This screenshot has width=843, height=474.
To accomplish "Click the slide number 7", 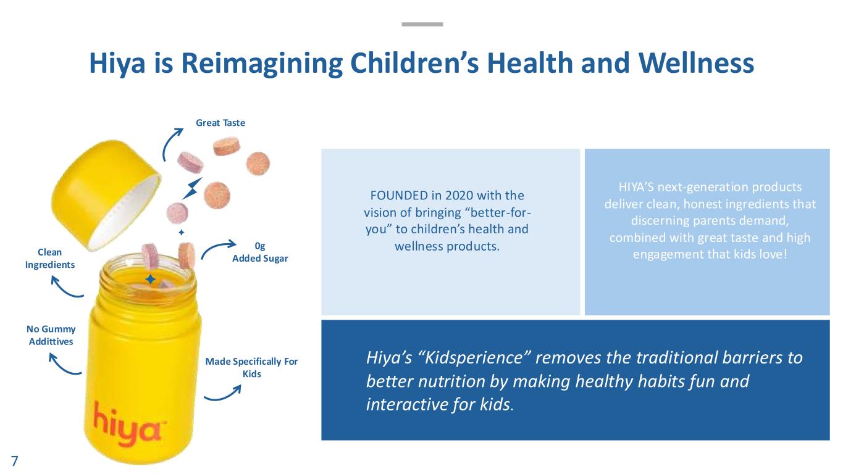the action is pyautogui.click(x=15, y=461).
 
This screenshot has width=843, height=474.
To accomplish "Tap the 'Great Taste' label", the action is pyautogui.click(x=220, y=123).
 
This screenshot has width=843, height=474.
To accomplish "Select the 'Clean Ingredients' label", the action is pyautogui.click(x=49, y=259).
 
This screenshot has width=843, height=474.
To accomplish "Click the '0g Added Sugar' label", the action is pyautogui.click(x=259, y=252).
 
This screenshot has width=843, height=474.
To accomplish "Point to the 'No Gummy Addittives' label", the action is pyautogui.click(x=51, y=335).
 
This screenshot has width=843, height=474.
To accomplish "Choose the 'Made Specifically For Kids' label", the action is pyautogui.click(x=251, y=368).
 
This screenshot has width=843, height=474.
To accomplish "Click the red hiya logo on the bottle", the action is pyautogui.click(x=127, y=425).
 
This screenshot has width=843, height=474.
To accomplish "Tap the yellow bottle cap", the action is pyautogui.click(x=106, y=194).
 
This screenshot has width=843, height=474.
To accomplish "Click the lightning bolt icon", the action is pyautogui.click(x=192, y=188).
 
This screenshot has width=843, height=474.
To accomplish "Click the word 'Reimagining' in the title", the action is pyautogui.click(x=262, y=64).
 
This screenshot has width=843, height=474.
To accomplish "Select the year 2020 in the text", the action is pyautogui.click(x=461, y=196).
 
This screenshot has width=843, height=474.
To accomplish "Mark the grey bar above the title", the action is pyautogui.click(x=422, y=25).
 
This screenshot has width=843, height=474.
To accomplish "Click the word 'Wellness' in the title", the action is pyautogui.click(x=696, y=63).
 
